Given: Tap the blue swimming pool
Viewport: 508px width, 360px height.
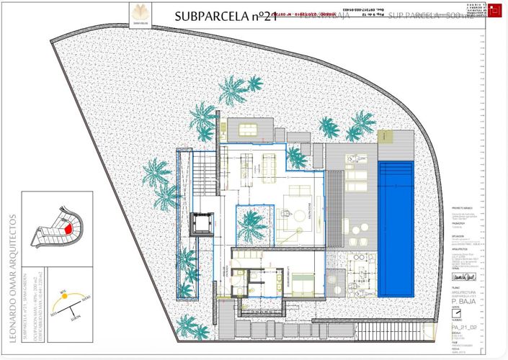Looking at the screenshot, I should pos(396,229).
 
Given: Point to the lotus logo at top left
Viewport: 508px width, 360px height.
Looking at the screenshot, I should pos(139,14).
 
